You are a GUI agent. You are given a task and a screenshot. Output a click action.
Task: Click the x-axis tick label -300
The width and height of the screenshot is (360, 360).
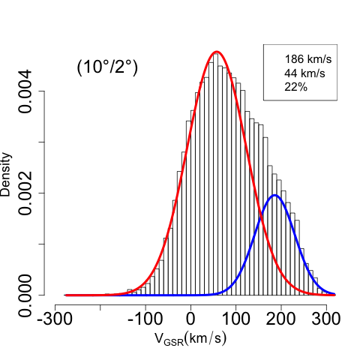pos(55,319)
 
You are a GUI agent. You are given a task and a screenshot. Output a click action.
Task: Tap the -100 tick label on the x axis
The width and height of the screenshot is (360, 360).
pos(145,319)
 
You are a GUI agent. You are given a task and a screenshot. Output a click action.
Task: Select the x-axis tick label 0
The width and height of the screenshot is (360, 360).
pos(190,319)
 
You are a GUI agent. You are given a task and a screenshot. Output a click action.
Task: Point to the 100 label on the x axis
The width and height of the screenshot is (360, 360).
pos(235,319)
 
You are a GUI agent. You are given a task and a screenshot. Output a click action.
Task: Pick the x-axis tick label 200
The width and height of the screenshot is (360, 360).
pos(281,319)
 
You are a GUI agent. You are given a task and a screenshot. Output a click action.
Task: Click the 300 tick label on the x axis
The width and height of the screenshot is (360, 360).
pos(326,319)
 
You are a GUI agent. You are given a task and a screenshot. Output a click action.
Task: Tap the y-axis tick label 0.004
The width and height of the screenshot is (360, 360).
pos(25,91)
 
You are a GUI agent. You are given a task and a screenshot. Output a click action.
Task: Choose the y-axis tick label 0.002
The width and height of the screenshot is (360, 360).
pos(25,193)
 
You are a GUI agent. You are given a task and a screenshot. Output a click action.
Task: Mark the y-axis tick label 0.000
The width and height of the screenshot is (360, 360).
pos(25,295)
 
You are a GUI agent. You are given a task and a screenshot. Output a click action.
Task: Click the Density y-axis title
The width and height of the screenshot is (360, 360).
pos(5,175)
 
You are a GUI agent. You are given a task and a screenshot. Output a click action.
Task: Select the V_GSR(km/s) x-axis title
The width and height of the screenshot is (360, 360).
pos(190,339)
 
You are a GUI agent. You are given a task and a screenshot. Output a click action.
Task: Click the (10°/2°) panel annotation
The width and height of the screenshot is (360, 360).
pos(107,67)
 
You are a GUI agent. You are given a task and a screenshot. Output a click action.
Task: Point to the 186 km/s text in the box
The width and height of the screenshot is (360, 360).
pos(308,59)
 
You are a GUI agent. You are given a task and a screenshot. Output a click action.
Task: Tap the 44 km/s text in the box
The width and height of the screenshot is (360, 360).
pos(304,73)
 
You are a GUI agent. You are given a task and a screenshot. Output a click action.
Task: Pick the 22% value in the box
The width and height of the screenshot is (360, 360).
pos(296,87)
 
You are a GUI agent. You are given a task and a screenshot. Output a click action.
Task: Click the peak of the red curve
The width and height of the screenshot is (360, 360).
pos(217,52)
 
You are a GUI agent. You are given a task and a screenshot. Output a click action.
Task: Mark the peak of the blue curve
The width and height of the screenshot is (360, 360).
pos(274,195)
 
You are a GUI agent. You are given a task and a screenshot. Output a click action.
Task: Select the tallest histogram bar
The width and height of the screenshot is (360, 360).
pos(215,175)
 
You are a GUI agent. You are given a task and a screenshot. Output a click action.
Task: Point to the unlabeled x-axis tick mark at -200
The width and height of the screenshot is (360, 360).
pos(100,307)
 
